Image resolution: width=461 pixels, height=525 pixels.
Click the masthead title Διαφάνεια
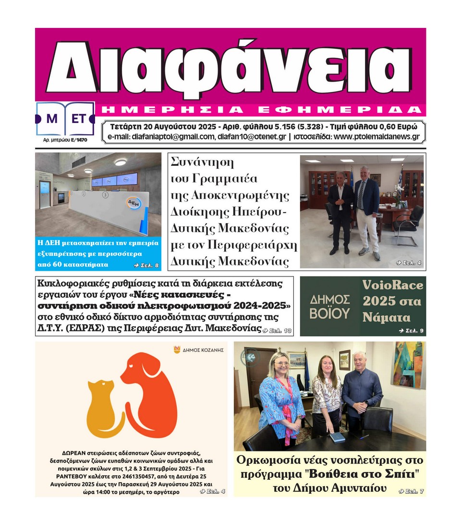pyautogui.click(x=230, y=67)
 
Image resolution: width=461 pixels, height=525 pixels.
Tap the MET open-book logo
pyautogui.click(x=65, y=119)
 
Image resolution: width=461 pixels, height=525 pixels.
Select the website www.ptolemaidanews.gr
pyautogui.click(x=376, y=137)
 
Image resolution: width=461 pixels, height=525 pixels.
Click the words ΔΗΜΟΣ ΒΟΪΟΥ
pyautogui.click(x=329, y=307)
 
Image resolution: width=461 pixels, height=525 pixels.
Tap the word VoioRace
pyautogui.click(x=392, y=285)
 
